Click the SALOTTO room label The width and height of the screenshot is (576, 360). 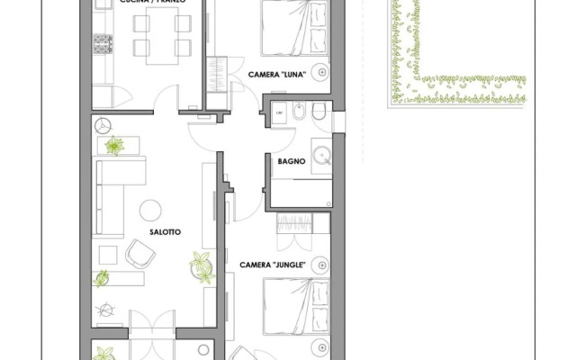[x=166, y=232]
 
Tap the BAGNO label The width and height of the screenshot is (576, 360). [x=291, y=162]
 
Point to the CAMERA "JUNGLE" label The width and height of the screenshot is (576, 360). [x=274, y=265]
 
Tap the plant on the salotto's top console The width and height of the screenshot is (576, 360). [x=115, y=145]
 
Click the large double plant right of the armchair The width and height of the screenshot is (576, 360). [x=199, y=265]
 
